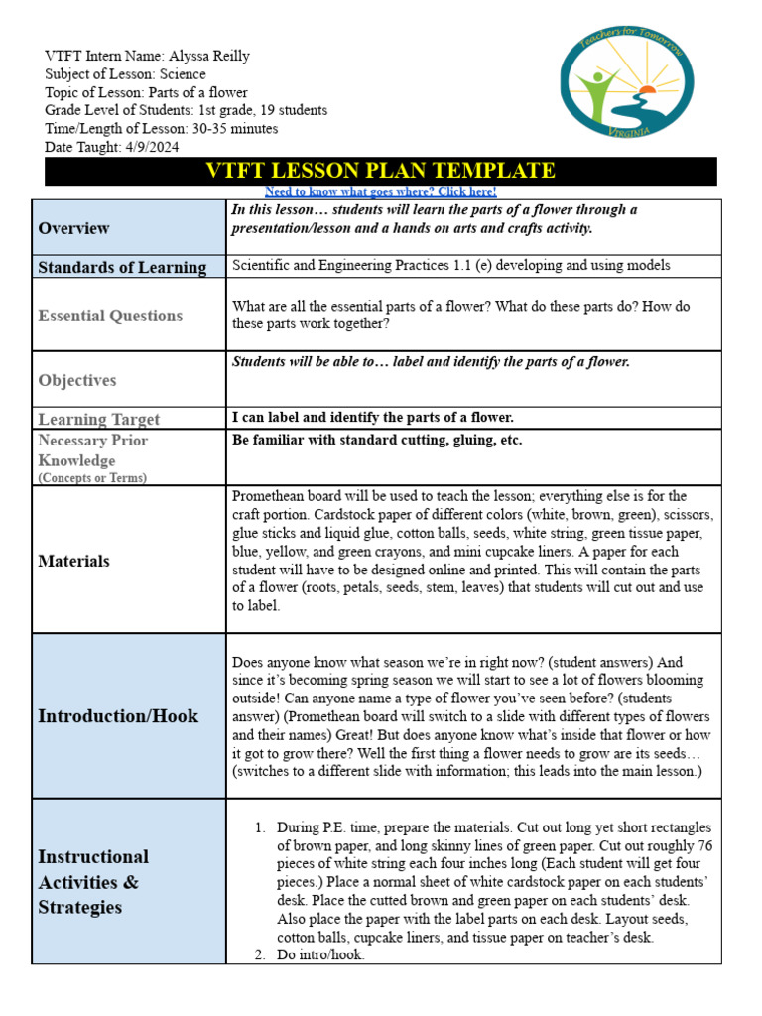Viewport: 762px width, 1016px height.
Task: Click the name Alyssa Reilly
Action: pos(208,56)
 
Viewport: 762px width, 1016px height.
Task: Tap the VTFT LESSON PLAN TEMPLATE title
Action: pos(380,171)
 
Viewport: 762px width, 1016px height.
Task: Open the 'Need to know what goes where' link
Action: pos(380,191)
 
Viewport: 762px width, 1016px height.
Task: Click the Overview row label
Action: pos(73,228)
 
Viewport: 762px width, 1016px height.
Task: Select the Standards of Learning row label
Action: pos(122,267)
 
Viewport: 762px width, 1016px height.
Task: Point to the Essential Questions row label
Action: pos(110,316)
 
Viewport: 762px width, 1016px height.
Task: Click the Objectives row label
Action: pos(77,380)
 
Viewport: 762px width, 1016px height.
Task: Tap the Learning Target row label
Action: pos(98,419)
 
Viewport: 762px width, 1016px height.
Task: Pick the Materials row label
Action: pos(73,561)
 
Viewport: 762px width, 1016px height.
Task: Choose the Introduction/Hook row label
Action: pos(118,715)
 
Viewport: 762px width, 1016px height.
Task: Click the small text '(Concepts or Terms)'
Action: pos(92,478)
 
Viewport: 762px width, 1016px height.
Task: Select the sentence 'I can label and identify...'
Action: pos(372,418)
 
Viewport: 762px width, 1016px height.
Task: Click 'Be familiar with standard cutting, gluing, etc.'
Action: pos(377,440)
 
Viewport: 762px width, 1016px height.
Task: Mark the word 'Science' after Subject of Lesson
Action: pos(179,74)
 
